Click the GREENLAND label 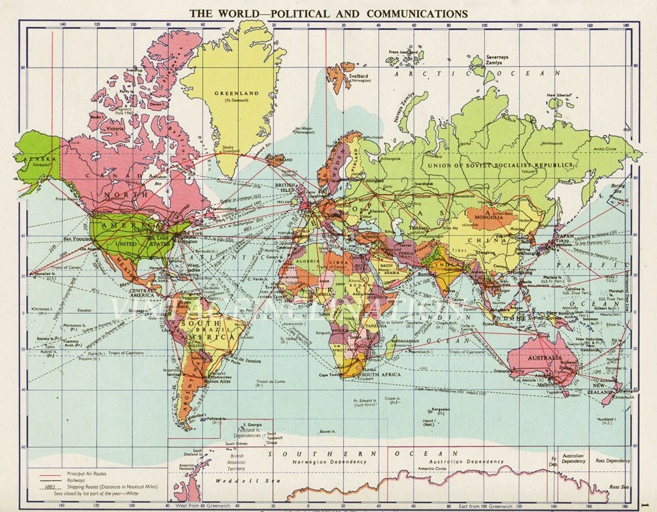227,93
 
